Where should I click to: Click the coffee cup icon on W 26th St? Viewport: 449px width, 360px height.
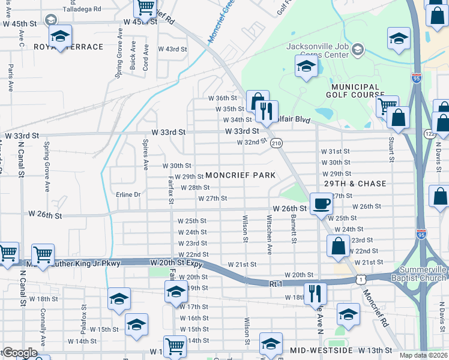(321, 203)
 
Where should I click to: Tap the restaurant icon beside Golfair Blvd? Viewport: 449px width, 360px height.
(265, 110)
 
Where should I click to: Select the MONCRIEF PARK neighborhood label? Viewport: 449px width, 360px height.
(240, 175)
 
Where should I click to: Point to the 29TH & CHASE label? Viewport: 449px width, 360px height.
(355, 183)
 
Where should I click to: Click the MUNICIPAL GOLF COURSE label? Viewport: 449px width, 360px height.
(354, 91)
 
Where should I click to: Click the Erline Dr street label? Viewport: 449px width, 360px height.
(128, 194)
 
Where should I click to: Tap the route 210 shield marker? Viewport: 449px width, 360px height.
(276, 143)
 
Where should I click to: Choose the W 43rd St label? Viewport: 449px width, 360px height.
(173, 49)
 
